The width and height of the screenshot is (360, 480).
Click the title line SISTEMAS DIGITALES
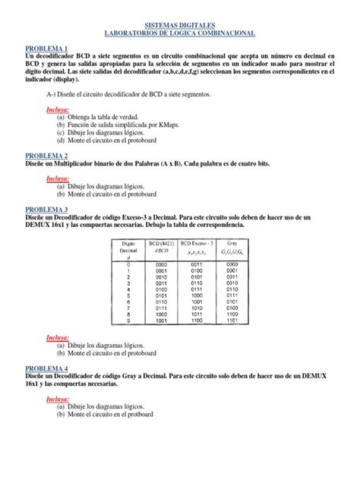[180, 24]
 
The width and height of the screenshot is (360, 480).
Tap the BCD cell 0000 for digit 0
[161, 264]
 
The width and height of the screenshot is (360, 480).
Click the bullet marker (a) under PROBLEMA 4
[61, 406]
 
